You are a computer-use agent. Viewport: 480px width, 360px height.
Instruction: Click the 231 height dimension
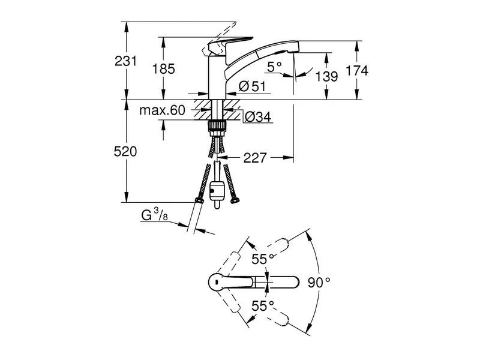coord(126,61)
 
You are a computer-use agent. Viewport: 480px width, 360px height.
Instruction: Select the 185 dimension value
coord(163,69)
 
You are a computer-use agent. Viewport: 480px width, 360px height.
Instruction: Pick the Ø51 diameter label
coord(251,87)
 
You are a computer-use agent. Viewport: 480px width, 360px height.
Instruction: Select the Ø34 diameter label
coord(257,118)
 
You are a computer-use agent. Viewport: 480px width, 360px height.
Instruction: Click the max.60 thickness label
coord(162,110)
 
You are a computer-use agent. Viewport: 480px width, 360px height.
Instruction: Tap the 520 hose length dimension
coord(126,152)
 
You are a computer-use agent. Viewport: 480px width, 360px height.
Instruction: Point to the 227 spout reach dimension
coord(255,158)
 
